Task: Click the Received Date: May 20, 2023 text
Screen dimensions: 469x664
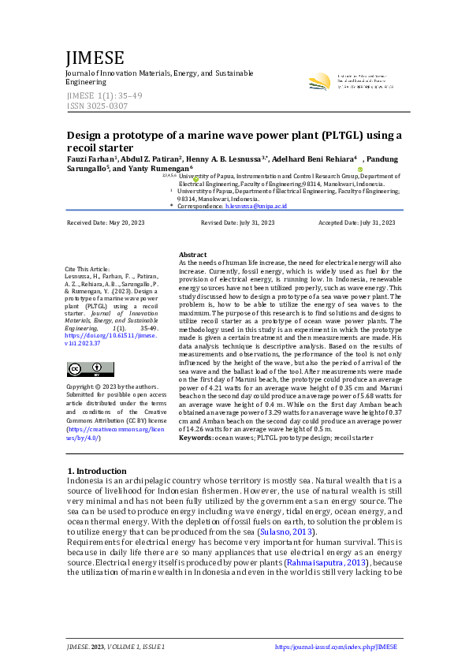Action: pyautogui.click(x=106, y=223)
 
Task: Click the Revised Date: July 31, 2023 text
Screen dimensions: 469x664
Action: pyautogui.click(x=237, y=223)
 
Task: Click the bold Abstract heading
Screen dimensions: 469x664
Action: pyautogui.click(x=192, y=256)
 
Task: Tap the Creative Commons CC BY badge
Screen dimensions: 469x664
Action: pyautogui.click(x=90, y=369)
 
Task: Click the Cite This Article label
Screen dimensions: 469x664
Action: pyautogui.click(x=87, y=270)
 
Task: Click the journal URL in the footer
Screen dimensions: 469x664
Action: pyautogui.click(x=336, y=647)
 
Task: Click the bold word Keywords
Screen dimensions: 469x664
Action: pyautogui.click(x=195, y=437)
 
